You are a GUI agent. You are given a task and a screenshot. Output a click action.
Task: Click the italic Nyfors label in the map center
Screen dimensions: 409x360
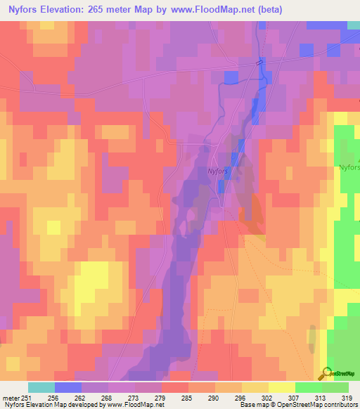[217, 169]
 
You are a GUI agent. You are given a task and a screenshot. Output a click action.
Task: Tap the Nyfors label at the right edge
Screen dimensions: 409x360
[349, 167]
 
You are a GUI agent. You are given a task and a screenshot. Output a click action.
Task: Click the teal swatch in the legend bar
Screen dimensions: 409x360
[41, 387]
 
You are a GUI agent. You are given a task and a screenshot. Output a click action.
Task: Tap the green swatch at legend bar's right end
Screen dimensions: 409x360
[335, 387]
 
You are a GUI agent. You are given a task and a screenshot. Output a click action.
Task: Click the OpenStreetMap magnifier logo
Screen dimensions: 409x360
[324, 374]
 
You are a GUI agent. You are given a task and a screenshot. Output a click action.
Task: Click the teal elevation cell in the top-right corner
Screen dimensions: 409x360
[354, 25]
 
